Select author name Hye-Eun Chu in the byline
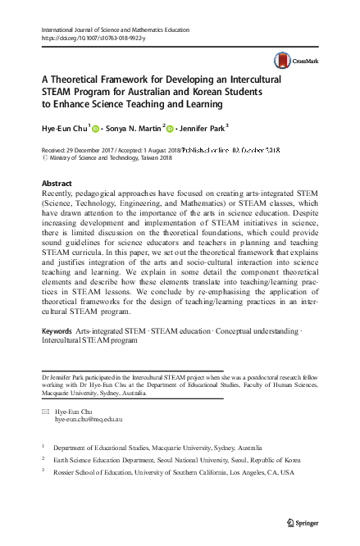(65, 128)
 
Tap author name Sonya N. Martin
(132, 128)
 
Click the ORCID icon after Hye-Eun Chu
(96, 128)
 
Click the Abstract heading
(56, 183)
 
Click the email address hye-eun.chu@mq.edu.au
(88, 418)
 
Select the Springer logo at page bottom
(303, 522)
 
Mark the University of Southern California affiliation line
(175, 473)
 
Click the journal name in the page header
(109, 29)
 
